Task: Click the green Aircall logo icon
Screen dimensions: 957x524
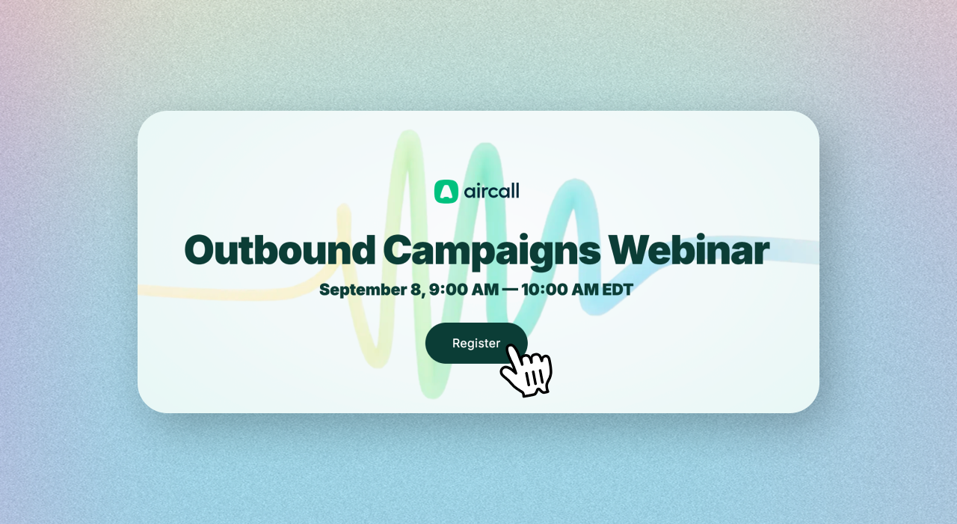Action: tap(446, 191)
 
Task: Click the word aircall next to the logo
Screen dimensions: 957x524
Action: tap(492, 191)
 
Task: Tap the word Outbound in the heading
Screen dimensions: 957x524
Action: tap(280, 250)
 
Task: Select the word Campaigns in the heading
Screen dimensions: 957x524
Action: tap(492, 252)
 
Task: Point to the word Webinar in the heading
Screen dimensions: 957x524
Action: tap(689, 250)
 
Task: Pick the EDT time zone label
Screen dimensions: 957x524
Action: tap(618, 290)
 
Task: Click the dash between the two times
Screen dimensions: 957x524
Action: tap(510, 290)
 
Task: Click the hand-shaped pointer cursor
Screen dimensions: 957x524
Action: tap(526, 371)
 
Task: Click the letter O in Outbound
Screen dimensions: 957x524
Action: tap(202, 251)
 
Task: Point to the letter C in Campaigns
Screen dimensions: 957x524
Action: tap(400, 251)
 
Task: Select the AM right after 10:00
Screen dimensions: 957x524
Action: tap(585, 290)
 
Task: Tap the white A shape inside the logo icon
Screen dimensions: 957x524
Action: tap(446, 192)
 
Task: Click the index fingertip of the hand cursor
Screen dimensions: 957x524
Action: tap(510, 348)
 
